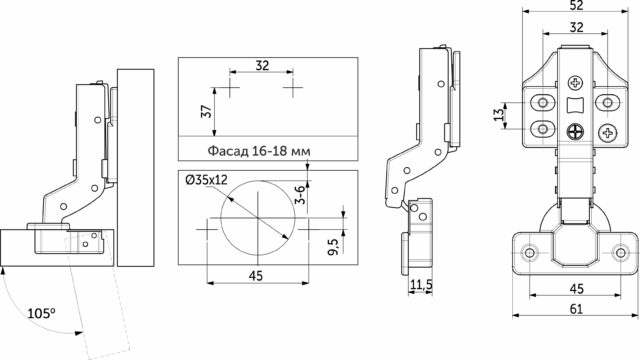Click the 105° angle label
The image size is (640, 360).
(x=41, y=313)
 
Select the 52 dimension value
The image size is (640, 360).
(x=576, y=5)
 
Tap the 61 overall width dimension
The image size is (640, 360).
(x=576, y=309)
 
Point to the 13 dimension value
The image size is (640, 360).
(x=499, y=115)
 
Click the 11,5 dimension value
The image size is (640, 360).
(x=421, y=284)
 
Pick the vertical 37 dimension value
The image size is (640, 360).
(x=207, y=111)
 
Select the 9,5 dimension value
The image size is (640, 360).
(x=333, y=247)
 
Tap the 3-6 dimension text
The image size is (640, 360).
(x=300, y=195)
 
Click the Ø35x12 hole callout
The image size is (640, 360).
(x=206, y=180)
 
